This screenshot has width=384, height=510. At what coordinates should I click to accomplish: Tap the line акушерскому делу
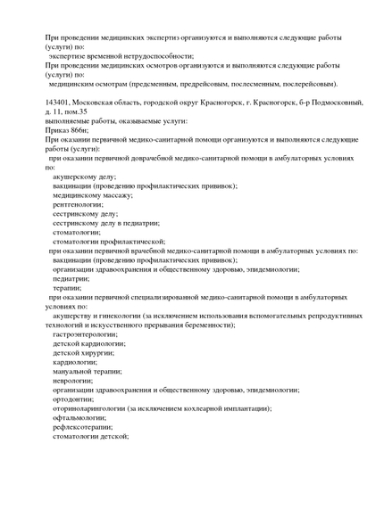(x=85, y=177)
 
